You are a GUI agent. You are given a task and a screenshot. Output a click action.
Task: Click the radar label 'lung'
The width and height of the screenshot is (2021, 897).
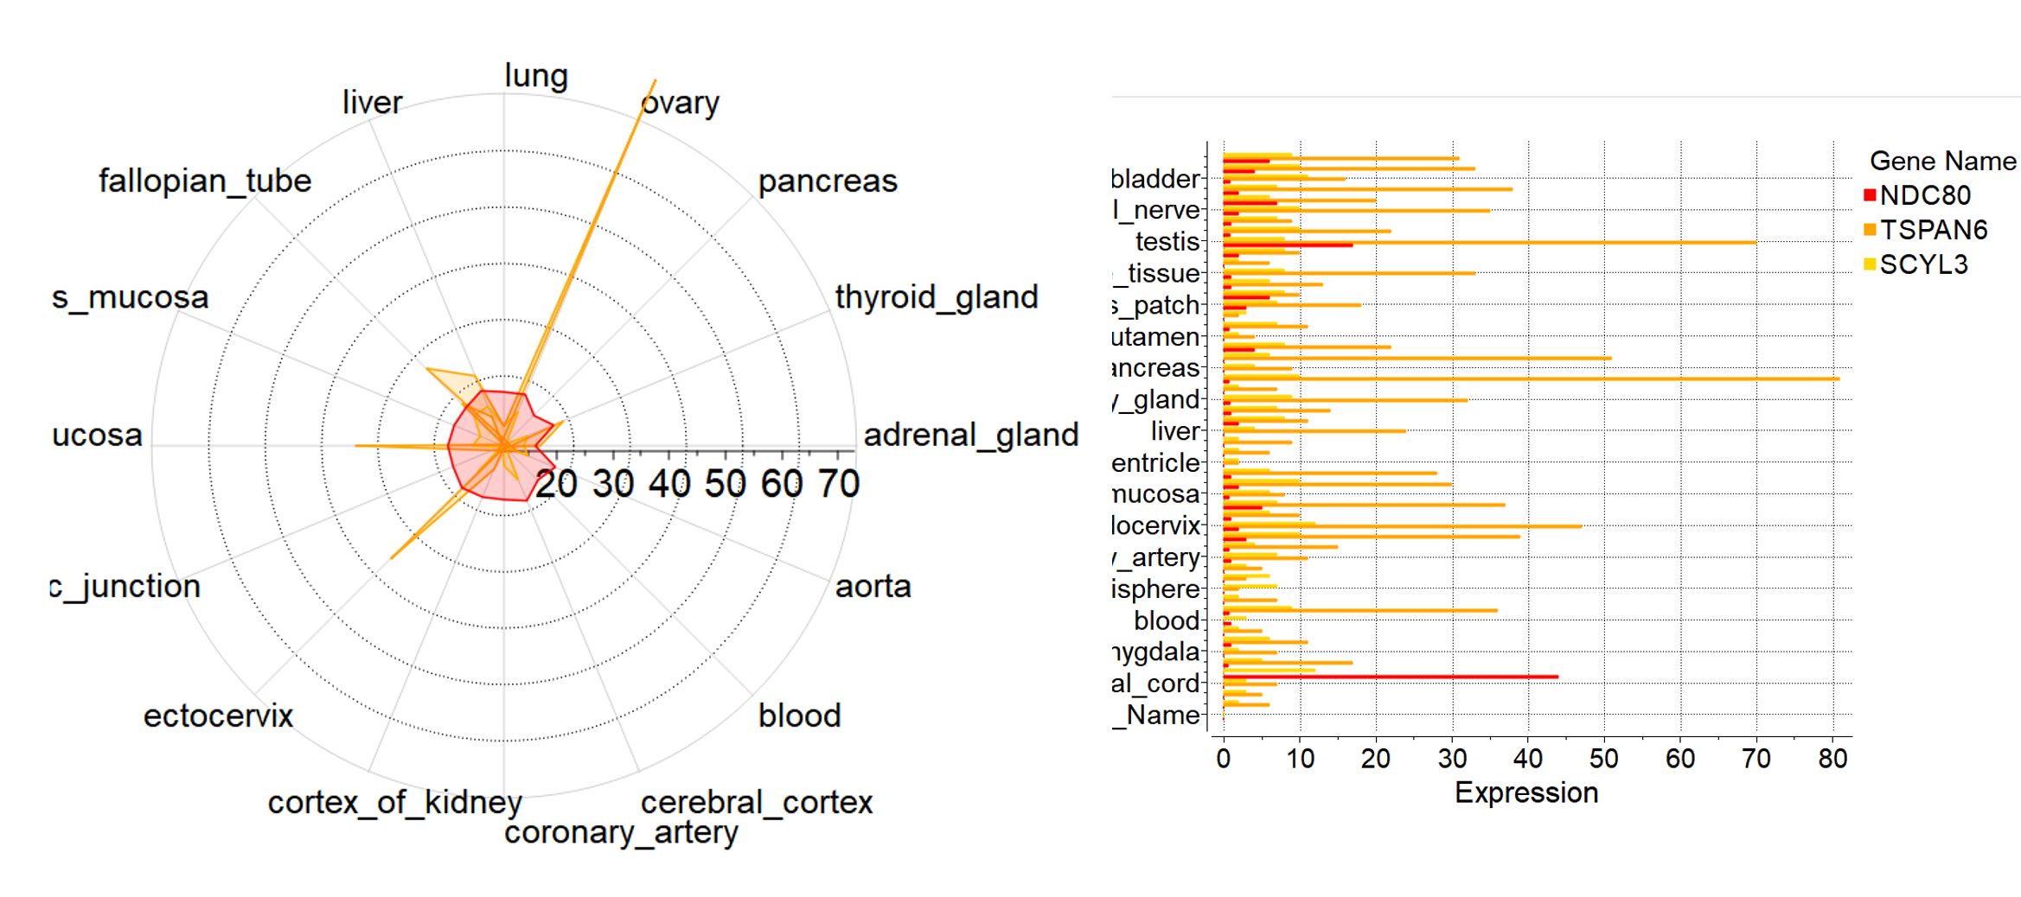pyautogui.click(x=536, y=76)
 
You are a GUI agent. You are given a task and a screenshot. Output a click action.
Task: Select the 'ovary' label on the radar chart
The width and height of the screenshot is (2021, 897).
pyautogui.click(x=681, y=104)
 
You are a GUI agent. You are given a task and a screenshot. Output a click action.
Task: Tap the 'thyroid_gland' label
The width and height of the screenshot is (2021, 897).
pyautogui.click(x=936, y=297)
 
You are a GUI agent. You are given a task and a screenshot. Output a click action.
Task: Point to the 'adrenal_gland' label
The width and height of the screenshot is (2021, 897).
pyautogui.click(x=970, y=435)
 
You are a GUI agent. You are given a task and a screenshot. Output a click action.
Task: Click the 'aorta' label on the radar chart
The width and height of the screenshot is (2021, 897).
pyautogui.click(x=873, y=587)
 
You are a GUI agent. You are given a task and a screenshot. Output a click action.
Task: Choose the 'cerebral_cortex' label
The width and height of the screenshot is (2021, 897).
pyautogui.click(x=756, y=803)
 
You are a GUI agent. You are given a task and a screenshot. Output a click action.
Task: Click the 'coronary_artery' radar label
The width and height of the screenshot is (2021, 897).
pyautogui.click(x=621, y=833)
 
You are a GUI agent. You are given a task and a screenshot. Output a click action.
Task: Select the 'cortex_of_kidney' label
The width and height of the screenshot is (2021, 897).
pyautogui.click(x=394, y=803)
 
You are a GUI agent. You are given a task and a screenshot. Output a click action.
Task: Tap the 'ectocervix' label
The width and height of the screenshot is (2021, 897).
pyautogui.click(x=218, y=716)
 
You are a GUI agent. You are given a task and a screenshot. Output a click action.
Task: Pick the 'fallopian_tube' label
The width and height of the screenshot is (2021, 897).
pyautogui.click(x=205, y=181)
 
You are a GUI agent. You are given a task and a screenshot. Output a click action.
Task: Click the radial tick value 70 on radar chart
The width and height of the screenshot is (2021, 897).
pyautogui.click(x=838, y=484)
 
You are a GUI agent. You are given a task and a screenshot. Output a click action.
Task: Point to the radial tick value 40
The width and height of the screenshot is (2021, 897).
pyautogui.click(x=669, y=484)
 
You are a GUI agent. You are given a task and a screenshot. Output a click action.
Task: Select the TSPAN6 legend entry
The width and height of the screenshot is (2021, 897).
pyautogui.click(x=1933, y=230)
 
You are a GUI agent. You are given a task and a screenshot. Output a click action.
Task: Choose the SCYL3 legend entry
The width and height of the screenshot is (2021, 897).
pyautogui.click(x=1922, y=264)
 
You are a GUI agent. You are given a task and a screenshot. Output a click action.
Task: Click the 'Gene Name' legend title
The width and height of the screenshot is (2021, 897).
pyautogui.click(x=1942, y=161)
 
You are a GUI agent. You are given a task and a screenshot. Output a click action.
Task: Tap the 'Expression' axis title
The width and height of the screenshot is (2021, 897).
pyautogui.click(x=1526, y=792)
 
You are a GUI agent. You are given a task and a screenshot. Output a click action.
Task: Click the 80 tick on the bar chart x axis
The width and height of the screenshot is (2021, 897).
pyautogui.click(x=1832, y=759)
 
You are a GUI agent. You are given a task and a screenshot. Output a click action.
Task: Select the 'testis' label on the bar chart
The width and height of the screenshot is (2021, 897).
pyautogui.click(x=1167, y=242)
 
